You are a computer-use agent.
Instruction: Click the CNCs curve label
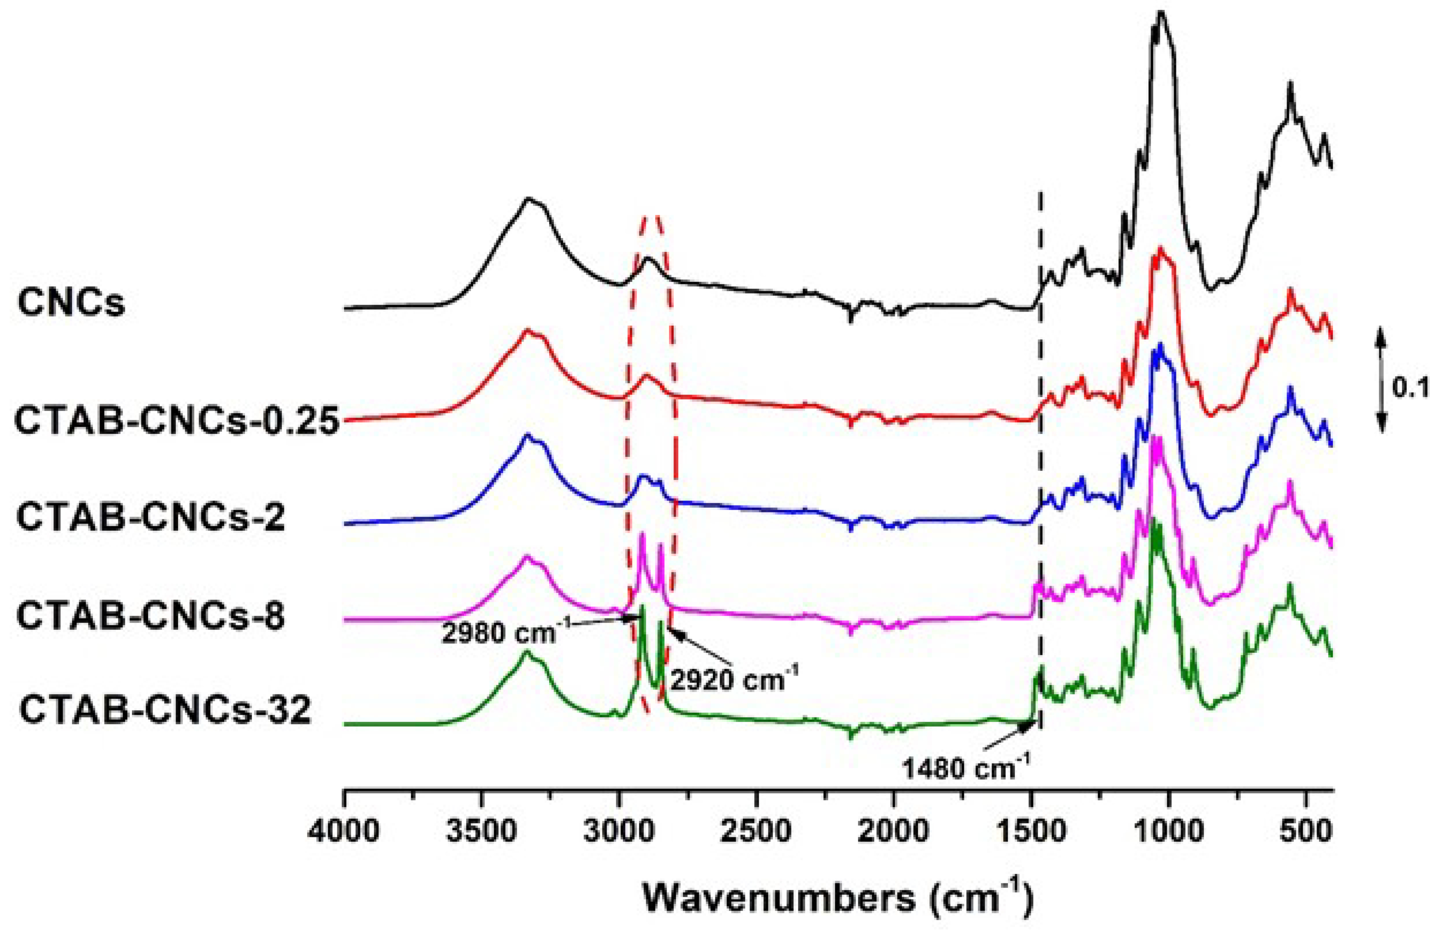71,302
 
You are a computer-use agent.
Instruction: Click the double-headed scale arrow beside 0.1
1382,384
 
